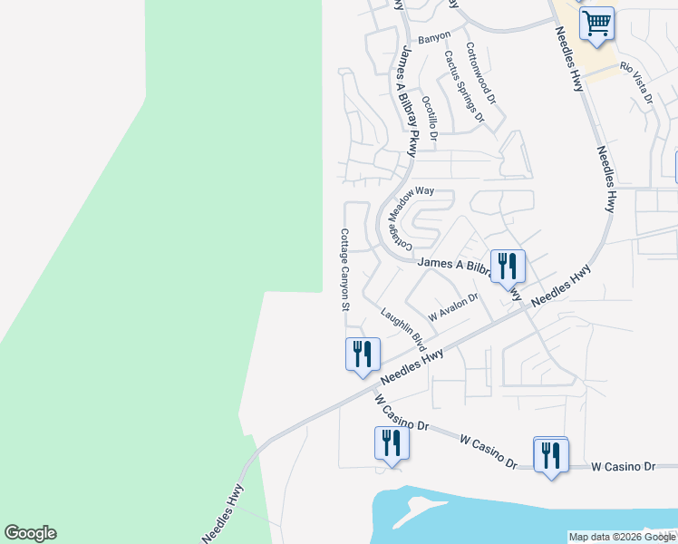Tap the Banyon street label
pos(434,40)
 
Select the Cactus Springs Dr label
pos(463,85)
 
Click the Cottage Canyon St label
pos(344,269)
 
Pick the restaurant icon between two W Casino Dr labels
pos(392,443)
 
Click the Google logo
pos(30,533)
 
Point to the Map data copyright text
pos(622,537)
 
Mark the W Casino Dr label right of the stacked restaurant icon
pos(623,466)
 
